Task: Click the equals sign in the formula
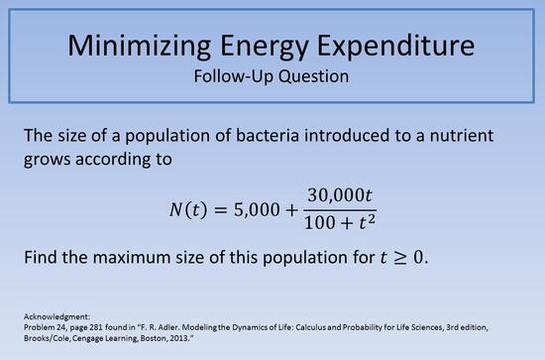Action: [224, 210]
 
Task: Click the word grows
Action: [45, 160]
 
